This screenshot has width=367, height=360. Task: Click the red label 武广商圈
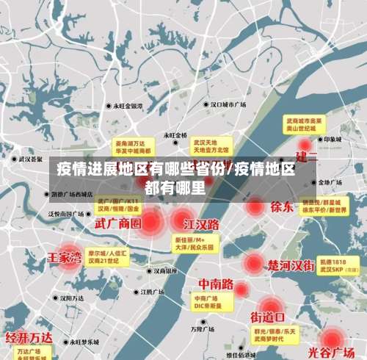point(118,222)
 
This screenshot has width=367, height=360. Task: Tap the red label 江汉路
point(202,223)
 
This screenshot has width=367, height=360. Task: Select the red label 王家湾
point(65,258)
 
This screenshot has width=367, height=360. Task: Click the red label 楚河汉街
point(291,264)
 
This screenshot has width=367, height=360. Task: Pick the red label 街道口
point(268,317)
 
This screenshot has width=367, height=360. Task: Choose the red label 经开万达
point(29,338)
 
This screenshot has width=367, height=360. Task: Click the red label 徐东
point(282,206)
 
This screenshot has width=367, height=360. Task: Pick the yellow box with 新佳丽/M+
point(194,243)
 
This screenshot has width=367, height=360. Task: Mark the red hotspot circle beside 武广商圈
point(151,220)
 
